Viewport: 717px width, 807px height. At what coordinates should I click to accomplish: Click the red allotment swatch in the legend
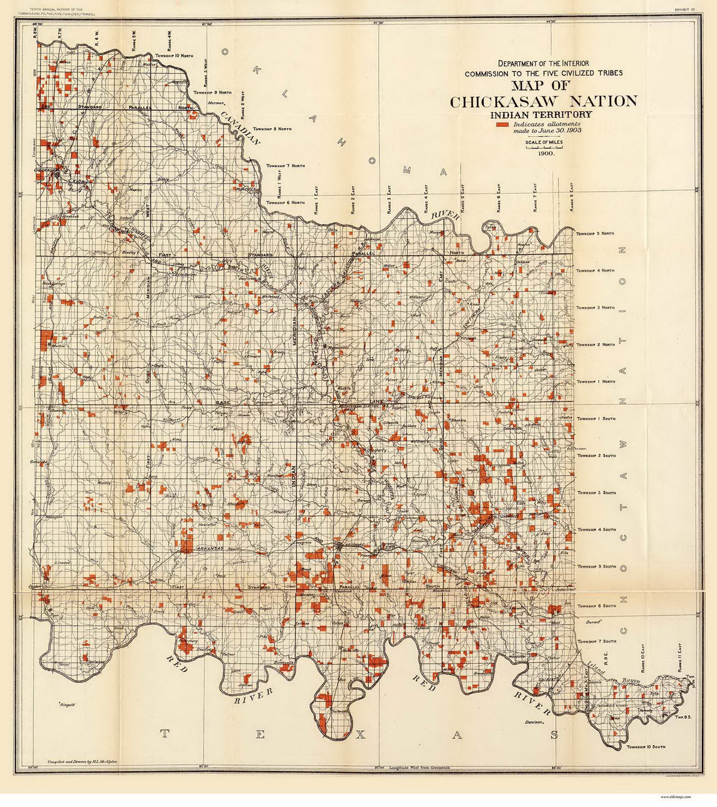(502, 125)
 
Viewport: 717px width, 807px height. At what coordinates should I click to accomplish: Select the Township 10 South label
(645, 747)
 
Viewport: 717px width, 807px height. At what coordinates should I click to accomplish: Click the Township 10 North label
(174, 55)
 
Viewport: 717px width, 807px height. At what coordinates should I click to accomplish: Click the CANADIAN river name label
(240, 129)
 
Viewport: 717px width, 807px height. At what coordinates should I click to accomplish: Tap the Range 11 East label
(680, 656)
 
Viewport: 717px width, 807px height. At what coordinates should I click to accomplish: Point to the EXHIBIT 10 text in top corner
(684, 9)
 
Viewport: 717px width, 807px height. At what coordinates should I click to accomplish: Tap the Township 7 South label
(596, 641)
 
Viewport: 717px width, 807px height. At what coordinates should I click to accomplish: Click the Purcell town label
(246, 188)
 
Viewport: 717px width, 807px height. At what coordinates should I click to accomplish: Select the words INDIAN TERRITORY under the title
(541, 115)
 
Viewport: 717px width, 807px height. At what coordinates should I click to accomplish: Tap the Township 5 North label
(595, 233)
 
